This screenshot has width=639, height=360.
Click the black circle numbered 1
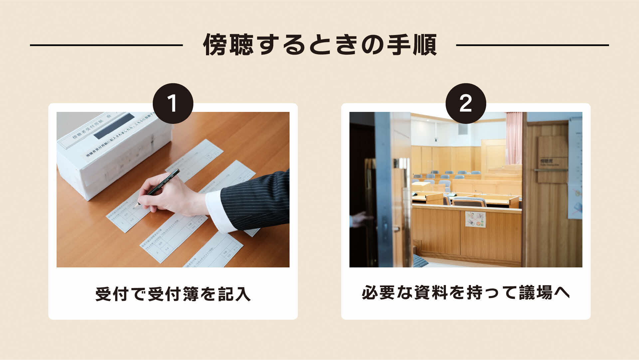tap(173, 104)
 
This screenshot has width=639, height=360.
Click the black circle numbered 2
tap(466, 104)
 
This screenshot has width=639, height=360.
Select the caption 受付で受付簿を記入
tap(173, 294)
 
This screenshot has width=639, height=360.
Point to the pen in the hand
tap(165, 183)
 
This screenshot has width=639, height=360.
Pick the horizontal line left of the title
tap(106, 45)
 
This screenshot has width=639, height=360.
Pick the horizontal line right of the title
tap(532, 45)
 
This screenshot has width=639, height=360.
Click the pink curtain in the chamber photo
tap(514, 138)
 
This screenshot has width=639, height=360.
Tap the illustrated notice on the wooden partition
tap(475, 219)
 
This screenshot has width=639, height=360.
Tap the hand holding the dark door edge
tap(361, 219)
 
